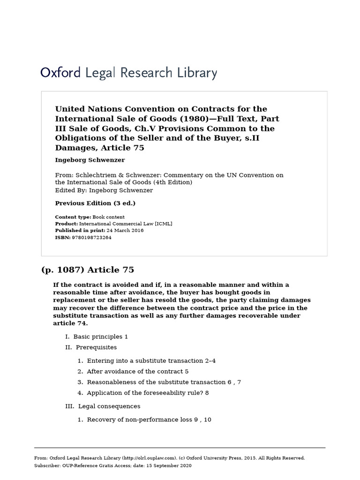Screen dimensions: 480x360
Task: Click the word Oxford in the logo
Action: pyautogui.click(x=60, y=73)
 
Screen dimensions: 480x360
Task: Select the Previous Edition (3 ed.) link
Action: pyautogui.click(x=95, y=203)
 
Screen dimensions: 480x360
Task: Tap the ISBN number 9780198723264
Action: pyautogui.click(x=91, y=238)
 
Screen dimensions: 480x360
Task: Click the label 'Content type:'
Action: pyautogui.click(x=73, y=217)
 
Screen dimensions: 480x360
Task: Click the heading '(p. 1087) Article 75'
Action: pyautogui.click(x=88, y=270)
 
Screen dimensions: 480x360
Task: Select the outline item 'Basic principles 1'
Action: pyautogui.click(x=100, y=337)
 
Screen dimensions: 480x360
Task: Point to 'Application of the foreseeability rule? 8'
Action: pyautogui.click(x=148, y=393)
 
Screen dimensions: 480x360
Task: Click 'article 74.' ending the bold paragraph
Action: pyautogui.click(x=70, y=323)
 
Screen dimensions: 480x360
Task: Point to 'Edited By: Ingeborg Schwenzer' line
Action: pyautogui.click(x=104, y=190)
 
